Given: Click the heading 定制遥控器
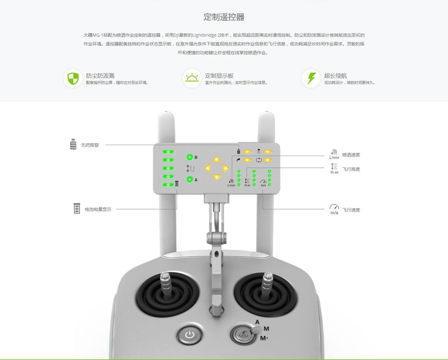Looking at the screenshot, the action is [224, 17].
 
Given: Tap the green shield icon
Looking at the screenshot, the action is [73, 78].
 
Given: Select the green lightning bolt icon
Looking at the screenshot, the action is [311, 78].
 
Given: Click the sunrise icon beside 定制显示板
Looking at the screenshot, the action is [192, 77].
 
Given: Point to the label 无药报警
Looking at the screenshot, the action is [90, 145].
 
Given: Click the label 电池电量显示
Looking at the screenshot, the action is [98, 209].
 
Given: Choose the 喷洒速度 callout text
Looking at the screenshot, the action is [351, 155].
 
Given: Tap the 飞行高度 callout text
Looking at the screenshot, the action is [351, 169].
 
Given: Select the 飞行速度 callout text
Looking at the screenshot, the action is [351, 210].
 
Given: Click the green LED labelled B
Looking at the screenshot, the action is [190, 157].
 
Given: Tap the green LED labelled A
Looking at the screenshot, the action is [190, 179].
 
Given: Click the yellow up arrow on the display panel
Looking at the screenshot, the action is [216, 159].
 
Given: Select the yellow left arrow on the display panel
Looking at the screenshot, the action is [208, 168].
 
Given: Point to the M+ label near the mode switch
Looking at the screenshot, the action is [264, 338].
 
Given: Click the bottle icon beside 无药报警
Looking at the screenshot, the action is [73, 144].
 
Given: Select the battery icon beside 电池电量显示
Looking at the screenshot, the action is [77, 208].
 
